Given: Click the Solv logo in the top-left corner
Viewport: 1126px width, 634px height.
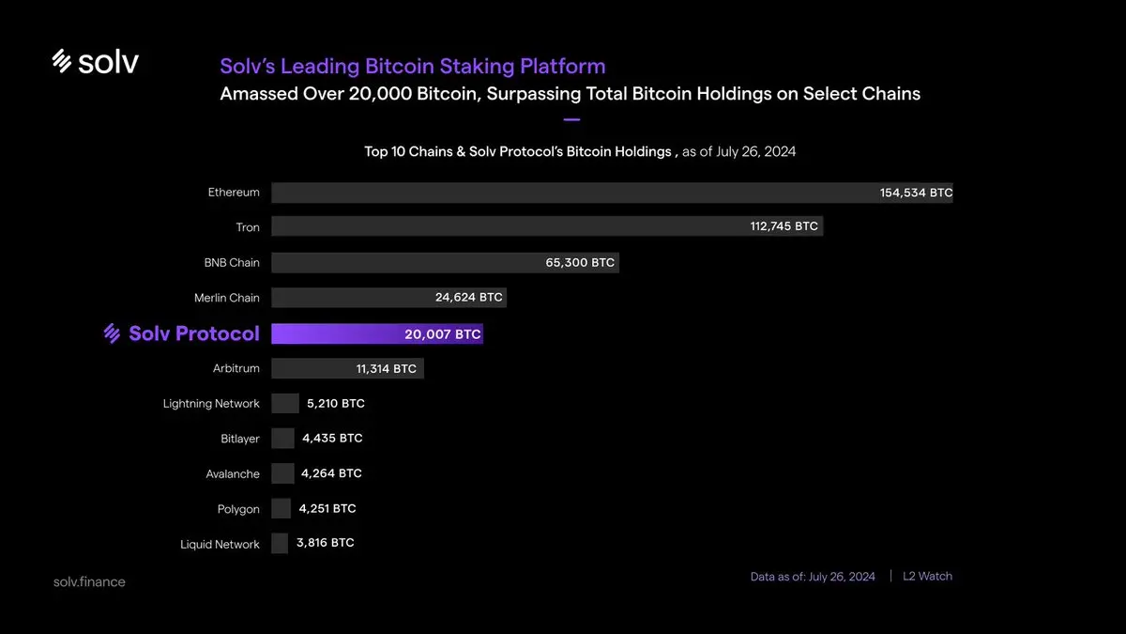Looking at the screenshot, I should tap(95, 62).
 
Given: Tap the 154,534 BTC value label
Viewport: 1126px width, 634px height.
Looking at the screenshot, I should tap(916, 193).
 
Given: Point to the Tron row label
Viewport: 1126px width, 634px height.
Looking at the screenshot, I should tap(248, 227).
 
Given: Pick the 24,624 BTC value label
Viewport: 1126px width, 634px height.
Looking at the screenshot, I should tap(468, 298).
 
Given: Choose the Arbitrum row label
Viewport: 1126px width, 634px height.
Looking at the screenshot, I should tap(236, 368).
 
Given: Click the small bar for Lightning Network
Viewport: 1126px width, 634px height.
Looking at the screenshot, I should tap(284, 404).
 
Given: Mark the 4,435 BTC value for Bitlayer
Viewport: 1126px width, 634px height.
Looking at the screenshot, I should tap(332, 439).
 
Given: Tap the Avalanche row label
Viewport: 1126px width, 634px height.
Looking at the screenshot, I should tap(233, 474).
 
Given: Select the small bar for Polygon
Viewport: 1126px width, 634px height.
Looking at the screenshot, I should tap(281, 509).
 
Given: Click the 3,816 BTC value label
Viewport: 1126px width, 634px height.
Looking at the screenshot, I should tap(326, 543).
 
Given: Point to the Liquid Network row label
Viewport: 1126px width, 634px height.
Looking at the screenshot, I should tap(220, 545).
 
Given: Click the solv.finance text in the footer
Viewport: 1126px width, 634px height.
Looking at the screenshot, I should tap(89, 581).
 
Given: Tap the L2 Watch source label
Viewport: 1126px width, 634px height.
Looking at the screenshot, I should tap(927, 576).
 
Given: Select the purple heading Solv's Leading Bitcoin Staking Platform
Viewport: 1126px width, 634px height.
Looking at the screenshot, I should tap(412, 67).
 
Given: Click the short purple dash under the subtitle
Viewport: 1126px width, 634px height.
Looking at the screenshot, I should tap(571, 120).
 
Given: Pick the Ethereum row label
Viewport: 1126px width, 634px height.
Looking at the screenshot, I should tap(234, 193).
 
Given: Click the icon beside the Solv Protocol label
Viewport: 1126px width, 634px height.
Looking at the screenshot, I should tap(113, 333).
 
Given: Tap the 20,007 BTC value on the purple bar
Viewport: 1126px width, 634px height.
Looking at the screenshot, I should tap(443, 333).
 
